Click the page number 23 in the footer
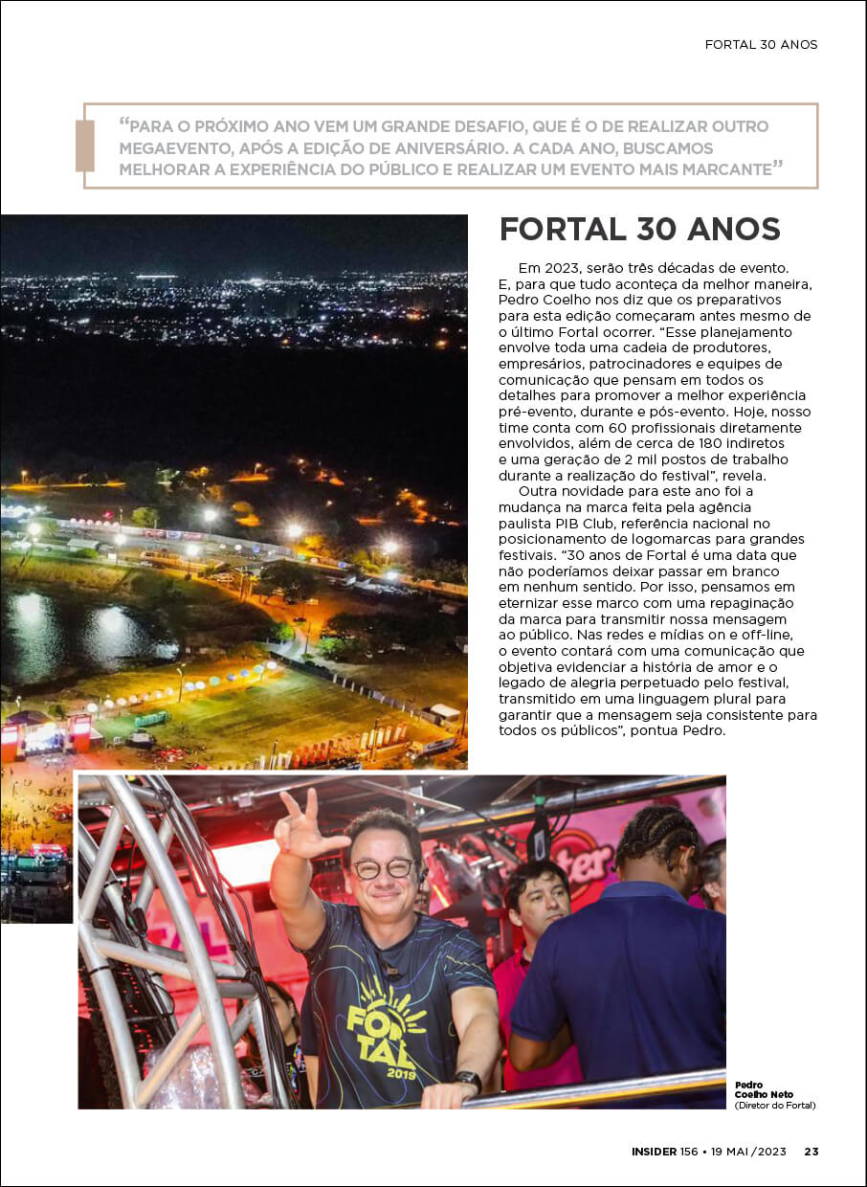tap(811, 1152)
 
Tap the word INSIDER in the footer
tap(654, 1152)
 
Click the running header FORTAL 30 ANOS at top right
tap(761, 45)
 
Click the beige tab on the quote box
tap(84, 146)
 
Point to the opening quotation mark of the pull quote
tap(124, 124)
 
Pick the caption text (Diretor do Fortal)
tap(775, 1106)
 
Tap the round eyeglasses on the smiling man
tap(383, 868)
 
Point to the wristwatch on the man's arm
tap(468, 1079)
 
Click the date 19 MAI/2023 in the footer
tap(749, 1152)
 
